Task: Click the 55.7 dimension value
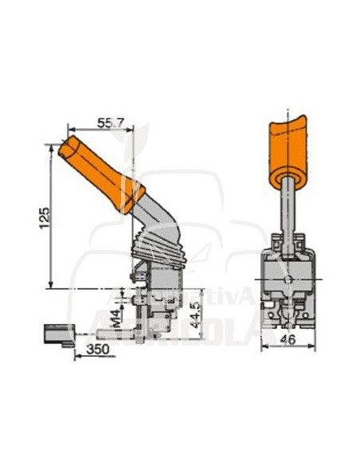[111, 123]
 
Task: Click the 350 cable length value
[97, 349]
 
